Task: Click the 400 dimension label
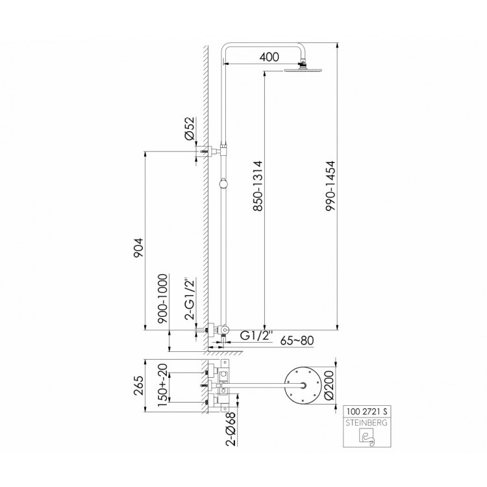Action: click(269, 57)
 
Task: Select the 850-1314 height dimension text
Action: click(258, 186)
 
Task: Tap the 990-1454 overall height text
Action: click(331, 186)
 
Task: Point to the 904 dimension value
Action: click(138, 247)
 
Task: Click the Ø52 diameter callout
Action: click(189, 129)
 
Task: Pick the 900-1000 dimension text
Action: click(163, 299)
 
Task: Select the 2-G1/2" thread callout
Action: click(190, 298)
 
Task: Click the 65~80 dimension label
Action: click(297, 340)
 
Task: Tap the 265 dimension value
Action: click(139, 386)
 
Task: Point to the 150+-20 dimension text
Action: click(163, 385)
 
